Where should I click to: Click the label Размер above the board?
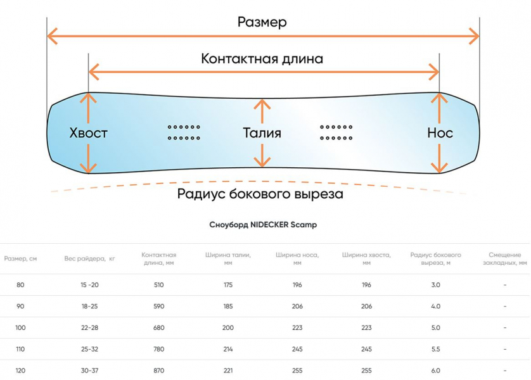pyautogui.click(x=262, y=22)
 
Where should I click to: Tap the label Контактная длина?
pyautogui.click(x=262, y=59)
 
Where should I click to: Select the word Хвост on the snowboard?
pyautogui.click(x=88, y=133)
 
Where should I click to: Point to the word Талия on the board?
pyautogui.click(x=262, y=133)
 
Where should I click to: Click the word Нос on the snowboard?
pyautogui.click(x=440, y=133)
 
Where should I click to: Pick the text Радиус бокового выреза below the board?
pyautogui.click(x=260, y=194)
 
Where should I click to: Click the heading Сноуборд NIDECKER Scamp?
pyautogui.click(x=262, y=225)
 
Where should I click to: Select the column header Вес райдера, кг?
pyautogui.click(x=89, y=258)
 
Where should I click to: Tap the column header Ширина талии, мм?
pyautogui.click(x=228, y=258)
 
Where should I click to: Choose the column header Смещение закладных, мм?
pyautogui.click(x=505, y=258)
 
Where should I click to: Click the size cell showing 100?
pyautogui.click(x=20, y=327)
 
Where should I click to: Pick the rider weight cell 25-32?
pyautogui.click(x=89, y=349)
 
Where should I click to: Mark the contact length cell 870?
pyautogui.click(x=158, y=370)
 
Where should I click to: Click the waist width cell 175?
pyautogui.click(x=228, y=284)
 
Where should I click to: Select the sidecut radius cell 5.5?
pyautogui.click(x=435, y=349)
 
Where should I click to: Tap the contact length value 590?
pyautogui.click(x=158, y=306)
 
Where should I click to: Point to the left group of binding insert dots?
pyautogui.click(x=184, y=132)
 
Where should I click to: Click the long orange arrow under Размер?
pyautogui.click(x=262, y=37)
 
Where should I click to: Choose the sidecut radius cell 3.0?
pyautogui.click(x=435, y=284)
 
